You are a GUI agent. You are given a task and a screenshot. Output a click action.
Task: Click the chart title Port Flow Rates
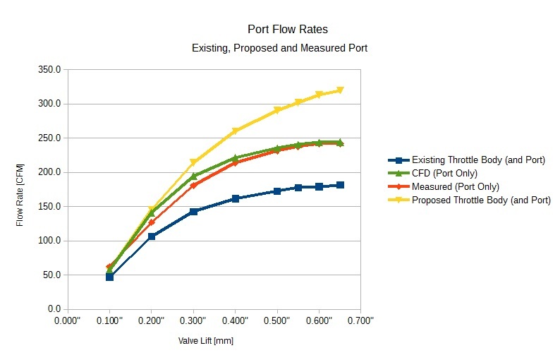(287, 30)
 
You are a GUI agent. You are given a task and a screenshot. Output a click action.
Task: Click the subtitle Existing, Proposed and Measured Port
(280, 49)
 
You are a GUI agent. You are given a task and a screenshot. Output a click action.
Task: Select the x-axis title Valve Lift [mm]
(205, 341)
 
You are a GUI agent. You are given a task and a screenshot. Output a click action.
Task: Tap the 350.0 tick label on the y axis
(49, 70)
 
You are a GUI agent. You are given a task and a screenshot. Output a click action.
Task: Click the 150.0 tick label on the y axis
(49, 207)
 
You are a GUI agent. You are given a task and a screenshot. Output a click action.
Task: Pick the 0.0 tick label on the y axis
(54, 309)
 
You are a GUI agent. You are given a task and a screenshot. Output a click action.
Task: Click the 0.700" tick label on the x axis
(360, 321)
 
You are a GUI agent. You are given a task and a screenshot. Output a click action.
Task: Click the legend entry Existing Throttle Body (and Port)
(477, 160)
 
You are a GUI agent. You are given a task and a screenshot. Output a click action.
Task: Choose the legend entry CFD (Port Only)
(444, 174)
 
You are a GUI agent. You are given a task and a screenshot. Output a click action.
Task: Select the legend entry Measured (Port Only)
(455, 187)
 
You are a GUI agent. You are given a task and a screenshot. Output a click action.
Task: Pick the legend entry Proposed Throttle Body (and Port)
(480, 200)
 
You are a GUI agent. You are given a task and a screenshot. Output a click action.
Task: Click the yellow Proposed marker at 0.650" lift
(340, 90)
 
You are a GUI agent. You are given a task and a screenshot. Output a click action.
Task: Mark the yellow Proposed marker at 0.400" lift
(235, 131)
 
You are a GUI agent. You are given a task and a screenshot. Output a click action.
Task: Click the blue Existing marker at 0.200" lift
(152, 236)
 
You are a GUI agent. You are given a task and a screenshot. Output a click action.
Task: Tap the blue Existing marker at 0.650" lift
(340, 185)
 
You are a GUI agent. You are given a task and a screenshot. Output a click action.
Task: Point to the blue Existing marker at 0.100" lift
(109, 277)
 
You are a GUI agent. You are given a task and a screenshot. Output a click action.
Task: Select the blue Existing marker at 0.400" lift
(235, 198)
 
